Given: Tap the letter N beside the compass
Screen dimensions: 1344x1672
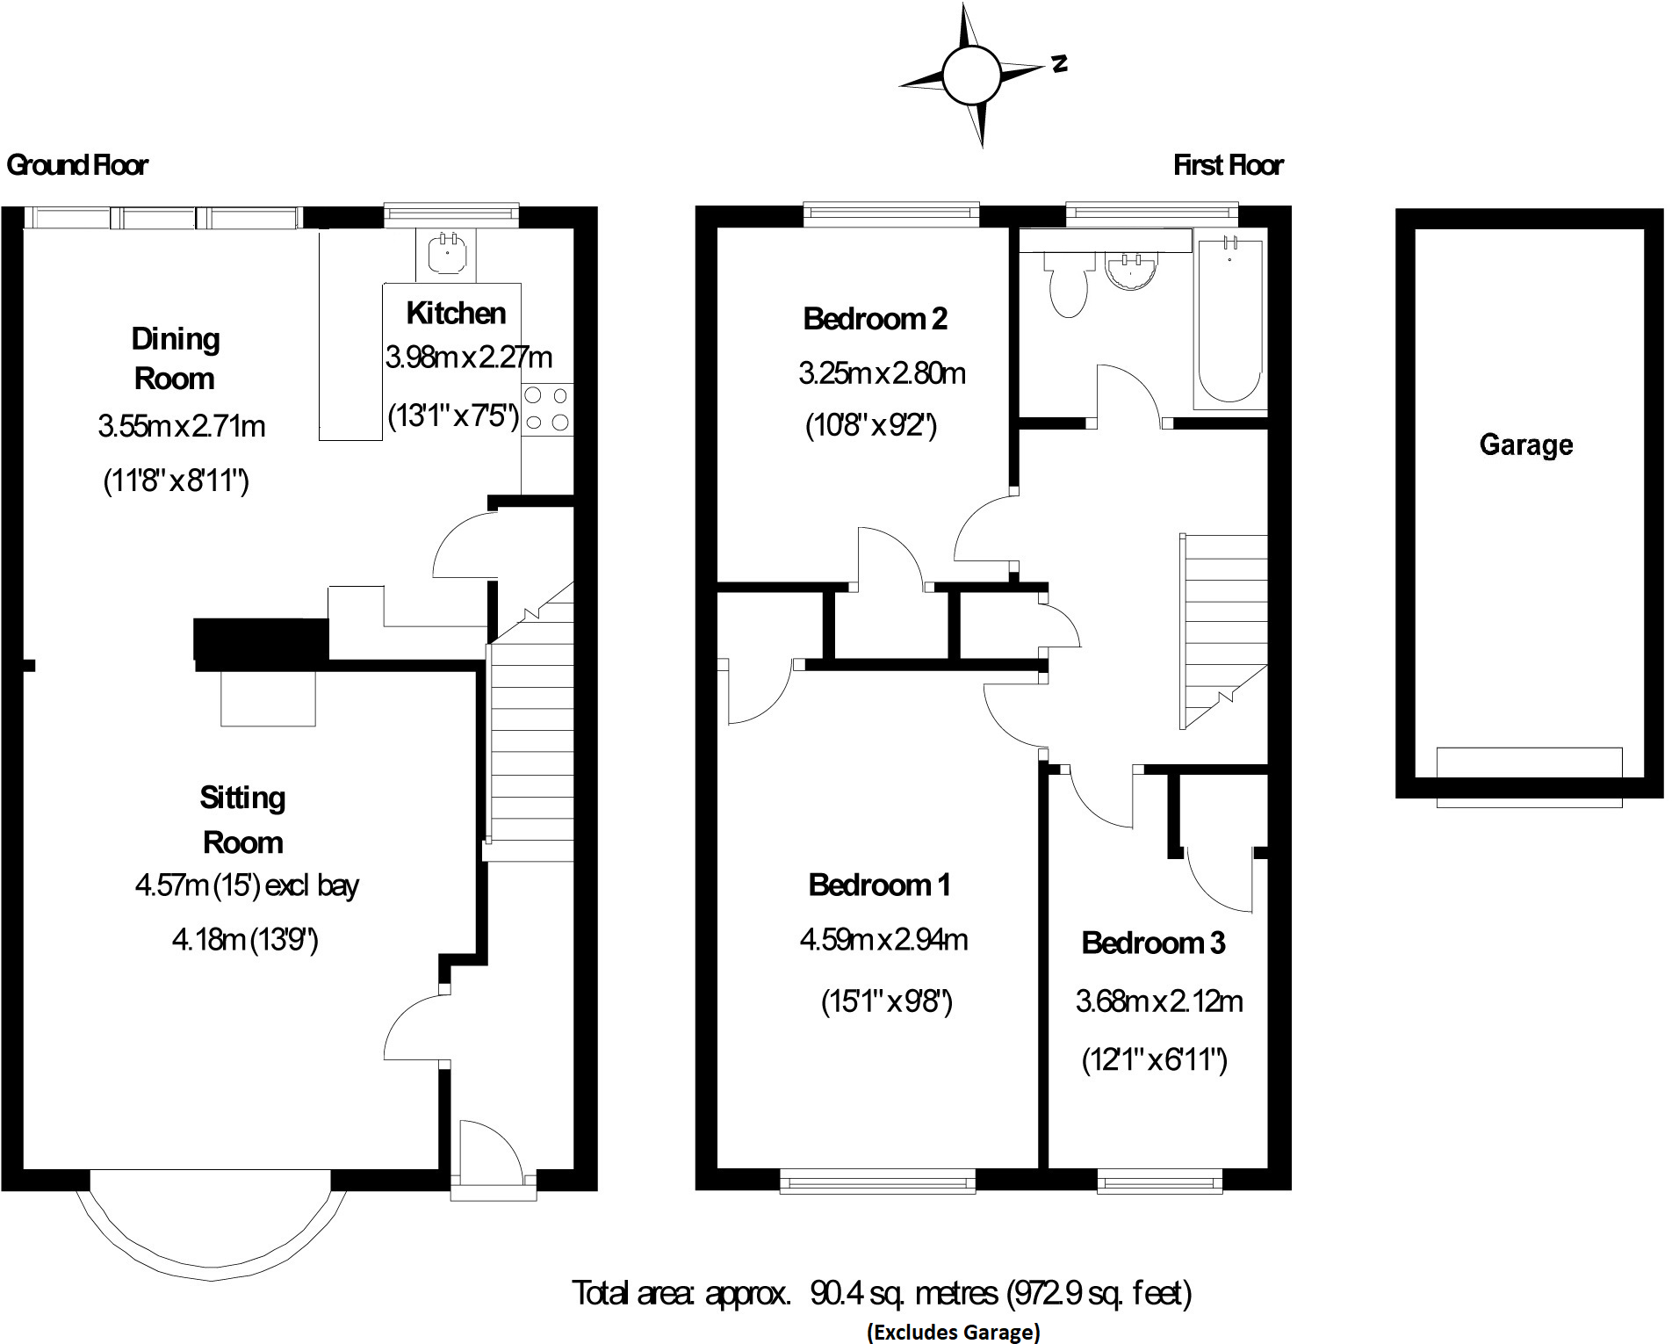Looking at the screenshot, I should (1060, 63).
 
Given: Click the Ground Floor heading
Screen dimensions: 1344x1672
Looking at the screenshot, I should (77, 165).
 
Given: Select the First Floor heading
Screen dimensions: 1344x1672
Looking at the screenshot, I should (1228, 165).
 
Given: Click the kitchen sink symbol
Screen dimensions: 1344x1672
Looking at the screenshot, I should (446, 253).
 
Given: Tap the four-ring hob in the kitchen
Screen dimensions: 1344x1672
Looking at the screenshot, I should (547, 409).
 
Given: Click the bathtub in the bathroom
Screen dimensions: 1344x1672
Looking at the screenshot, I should (1230, 321).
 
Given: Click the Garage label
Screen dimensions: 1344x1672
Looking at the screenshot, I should (1525, 444).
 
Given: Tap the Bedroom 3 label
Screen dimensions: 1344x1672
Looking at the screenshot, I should (1153, 943).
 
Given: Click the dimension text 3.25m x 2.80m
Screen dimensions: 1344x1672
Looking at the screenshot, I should (882, 373).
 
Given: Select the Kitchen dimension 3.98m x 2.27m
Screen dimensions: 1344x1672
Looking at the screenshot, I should (469, 358).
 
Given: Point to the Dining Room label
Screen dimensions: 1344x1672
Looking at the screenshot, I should (175, 358).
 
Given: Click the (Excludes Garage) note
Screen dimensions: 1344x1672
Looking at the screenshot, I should (953, 1332).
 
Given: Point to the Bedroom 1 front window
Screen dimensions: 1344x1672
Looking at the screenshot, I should (877, 1181).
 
